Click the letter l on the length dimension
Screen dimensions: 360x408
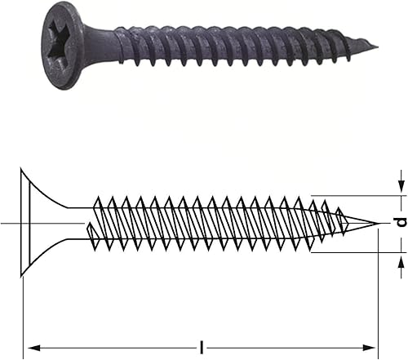pos(202,347)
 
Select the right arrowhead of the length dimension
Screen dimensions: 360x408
pos(374,347)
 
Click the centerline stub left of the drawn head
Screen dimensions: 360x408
pos(8,223)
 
